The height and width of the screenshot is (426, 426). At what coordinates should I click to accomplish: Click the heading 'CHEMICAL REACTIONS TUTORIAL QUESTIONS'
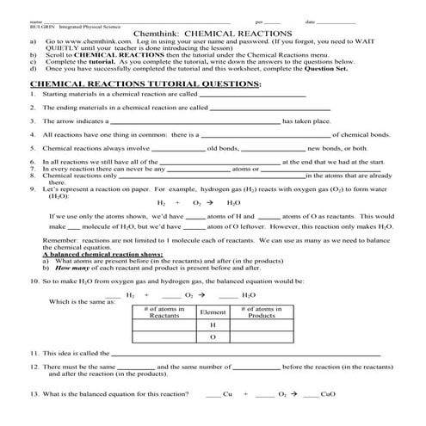[x=145, y=84]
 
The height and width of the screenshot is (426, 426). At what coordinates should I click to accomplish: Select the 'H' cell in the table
[x=212, y=326]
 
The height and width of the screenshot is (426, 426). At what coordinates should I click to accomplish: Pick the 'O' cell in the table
[x=212, y=338]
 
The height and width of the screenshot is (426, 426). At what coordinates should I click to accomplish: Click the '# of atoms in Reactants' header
[x=164, y=312]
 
